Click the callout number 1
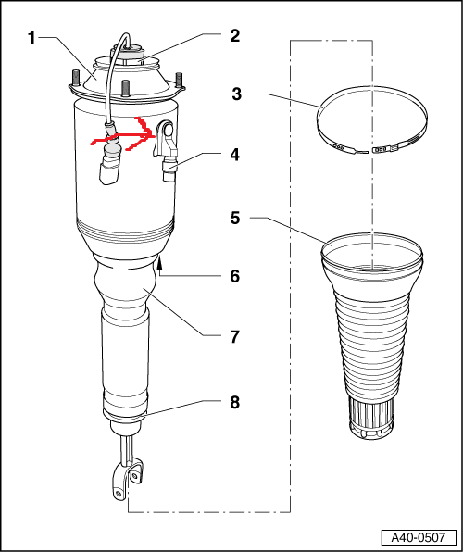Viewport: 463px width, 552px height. click(31, 38)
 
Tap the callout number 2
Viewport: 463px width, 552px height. click(235, 36)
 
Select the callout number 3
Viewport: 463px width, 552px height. click(237, 94)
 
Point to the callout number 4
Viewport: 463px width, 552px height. click(234, 155)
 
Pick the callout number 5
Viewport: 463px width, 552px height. click(235, 218)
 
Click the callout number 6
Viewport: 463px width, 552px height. click(235, 276)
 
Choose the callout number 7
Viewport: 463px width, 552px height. click(235, 337)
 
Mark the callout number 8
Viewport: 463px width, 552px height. click(235, 402)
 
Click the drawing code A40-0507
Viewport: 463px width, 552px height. click(419, 537)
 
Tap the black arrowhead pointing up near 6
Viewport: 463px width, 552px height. click(160, 261)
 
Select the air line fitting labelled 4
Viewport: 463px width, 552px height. click(169, 169)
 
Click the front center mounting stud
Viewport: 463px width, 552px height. click(124, 88)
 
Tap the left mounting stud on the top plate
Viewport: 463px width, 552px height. click(75, 78)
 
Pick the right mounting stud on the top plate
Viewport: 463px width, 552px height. click(179, 81)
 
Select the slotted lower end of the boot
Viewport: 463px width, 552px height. click(370, 419)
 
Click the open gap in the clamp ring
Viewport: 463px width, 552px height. click(370, 152)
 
